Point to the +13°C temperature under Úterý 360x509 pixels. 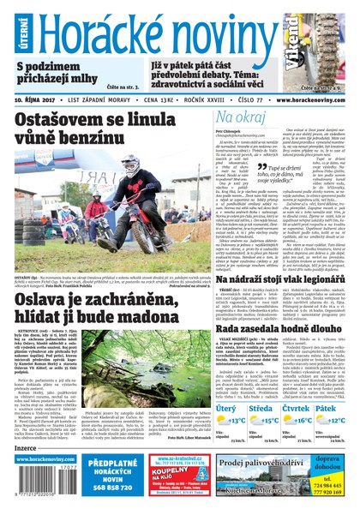tap(236, 419)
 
